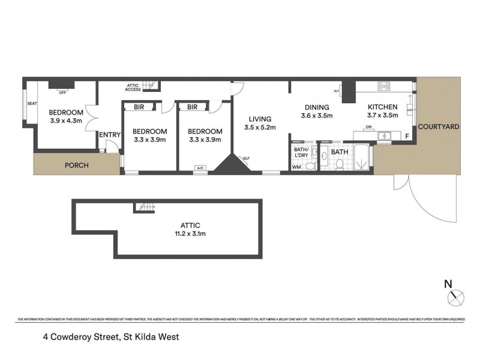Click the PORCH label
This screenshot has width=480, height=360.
[77, 165]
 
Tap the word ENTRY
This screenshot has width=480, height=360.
[110, 134]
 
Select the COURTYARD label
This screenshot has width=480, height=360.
[439, 127]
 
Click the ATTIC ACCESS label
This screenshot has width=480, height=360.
[133, 87]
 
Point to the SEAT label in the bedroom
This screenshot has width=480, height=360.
[32, 104]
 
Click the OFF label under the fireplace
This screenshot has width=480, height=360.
[62, 92]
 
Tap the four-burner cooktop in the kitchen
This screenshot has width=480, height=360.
[385, 86]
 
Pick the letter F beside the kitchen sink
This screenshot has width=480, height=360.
[407, 137]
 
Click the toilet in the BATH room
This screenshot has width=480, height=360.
[340, 166]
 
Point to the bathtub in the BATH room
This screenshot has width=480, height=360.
[361, 157]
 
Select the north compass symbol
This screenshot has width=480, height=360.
[457, 295]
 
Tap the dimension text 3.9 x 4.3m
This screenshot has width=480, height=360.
[66, 121]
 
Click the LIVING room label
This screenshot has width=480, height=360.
[259, 119]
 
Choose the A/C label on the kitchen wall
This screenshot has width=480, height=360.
[409, 110]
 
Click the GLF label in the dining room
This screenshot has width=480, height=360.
[337, 91]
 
